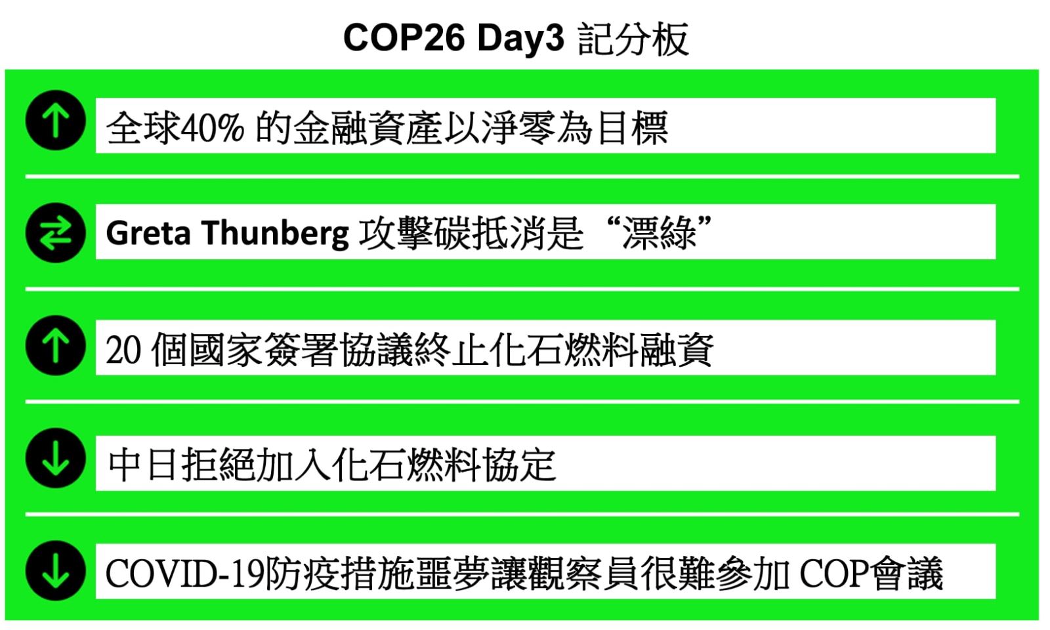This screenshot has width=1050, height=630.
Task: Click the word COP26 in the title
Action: pyautogui.click(x=404, y=38)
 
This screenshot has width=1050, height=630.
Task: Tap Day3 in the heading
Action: pyautogui.click(x=520, y=39)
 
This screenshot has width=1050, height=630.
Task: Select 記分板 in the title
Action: pyautogui.click(x=633, y=39)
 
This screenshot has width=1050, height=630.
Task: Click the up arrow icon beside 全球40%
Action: pyautogui.click(x=56, y=120)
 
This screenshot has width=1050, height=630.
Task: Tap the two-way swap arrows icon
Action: pyautogui.click(x=56, y=232)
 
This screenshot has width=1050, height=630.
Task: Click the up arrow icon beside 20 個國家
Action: pyautogui.click(x=56, y=345)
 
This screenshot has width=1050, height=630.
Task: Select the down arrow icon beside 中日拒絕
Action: pyautogui.click(x=56, y=458)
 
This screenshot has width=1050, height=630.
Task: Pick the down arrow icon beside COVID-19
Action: pyautogui.click(x=56, y=570)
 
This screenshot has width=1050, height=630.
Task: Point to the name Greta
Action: pyautogui.click(x=148, y=233)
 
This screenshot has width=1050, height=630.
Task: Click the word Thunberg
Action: pyautogui.click(x=276, y=233)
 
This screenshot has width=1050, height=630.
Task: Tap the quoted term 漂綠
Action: pyautogui.click(x=659, y=233)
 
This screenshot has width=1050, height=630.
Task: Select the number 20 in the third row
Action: pyautogui.click(x=123, y=350)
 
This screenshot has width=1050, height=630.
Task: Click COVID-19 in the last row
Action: pyautogui.click(x=185, y=574)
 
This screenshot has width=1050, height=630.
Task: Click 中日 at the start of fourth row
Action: pyautogui.click(x=144, y=465)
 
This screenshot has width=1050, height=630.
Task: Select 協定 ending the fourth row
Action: pyautogui.click(x=520, y=465)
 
